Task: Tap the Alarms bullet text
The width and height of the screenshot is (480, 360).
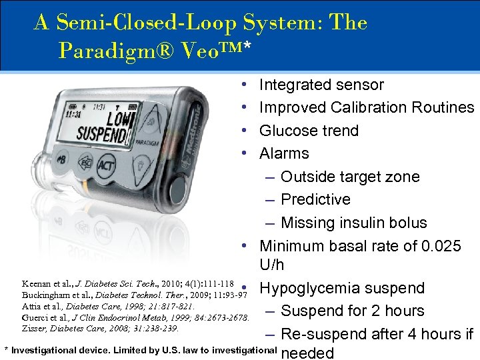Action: (284, 153)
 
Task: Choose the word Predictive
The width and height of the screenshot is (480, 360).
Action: (315, 199)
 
